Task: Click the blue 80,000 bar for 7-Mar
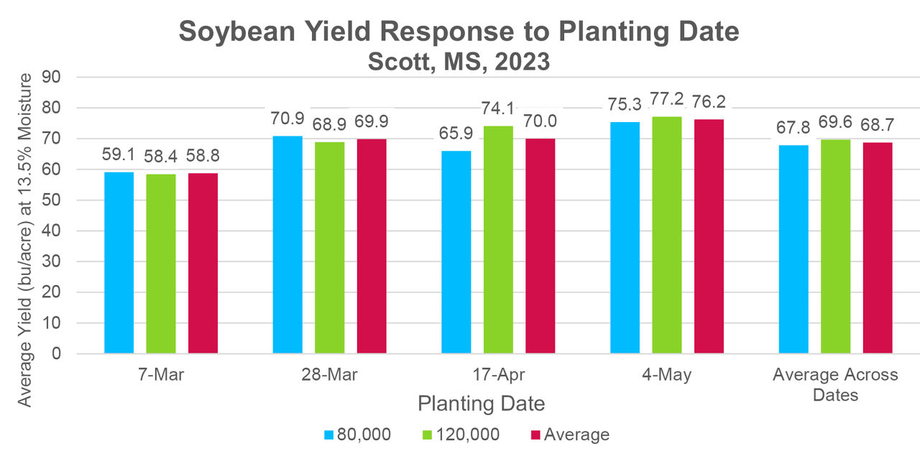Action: pyautogui.click(x=119, y=263)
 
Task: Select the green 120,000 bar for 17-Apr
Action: pyautogui.click(x=498, y=240)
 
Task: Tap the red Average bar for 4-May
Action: pyautogui.click(x=709, y=236)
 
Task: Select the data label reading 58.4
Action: pyautogui.click(x=160, y=156)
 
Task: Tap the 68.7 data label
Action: pyautogui.click(x=878, y=125)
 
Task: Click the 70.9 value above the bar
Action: pyautogui.click(x=287, y=118)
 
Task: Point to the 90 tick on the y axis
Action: pyautogui.click(x=54, y=77)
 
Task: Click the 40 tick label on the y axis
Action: pyautogui.click(x=54, y=231)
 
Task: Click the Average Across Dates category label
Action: pyautogui.click(x=835, y=385)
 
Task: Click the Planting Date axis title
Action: pyautogui.click(x=481, y=404)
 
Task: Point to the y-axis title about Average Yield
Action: pyautogui.click(x=26, y=240)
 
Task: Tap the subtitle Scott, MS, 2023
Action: pyautogui.click(x=459, y=62)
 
